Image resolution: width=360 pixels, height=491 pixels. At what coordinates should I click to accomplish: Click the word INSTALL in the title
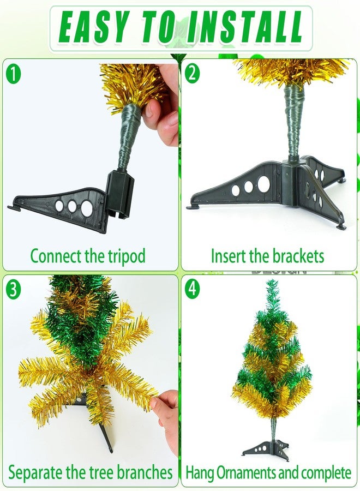[x=244, y=27]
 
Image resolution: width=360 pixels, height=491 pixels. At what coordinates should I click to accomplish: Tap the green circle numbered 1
[x=13, y=75]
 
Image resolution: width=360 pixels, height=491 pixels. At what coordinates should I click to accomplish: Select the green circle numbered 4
[x=192, y=288]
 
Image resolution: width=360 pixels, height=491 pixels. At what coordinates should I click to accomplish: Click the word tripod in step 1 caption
[x=127, y=256]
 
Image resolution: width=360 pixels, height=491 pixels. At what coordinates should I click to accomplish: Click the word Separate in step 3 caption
[x=35, y=472]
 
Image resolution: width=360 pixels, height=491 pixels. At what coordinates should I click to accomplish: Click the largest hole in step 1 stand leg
[x=87, y=208]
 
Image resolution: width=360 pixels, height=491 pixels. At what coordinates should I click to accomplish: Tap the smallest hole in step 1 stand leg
[x=59, y=206]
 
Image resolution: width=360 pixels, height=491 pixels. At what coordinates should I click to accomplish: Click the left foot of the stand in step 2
[x=191, y=207]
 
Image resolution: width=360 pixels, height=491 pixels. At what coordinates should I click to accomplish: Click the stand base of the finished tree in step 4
[x=266, y=449]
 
